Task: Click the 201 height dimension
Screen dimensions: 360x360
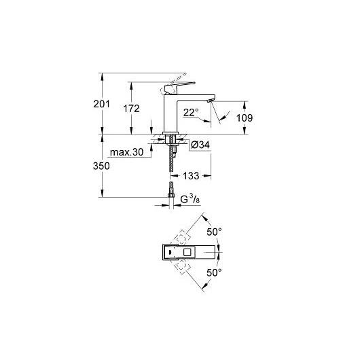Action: click(x=101, y=104)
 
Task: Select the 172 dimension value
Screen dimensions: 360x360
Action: click(x=131, y=109)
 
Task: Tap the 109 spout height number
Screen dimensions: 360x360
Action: click(x=245, y=118)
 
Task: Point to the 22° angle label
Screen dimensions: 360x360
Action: click(x=191, y=113)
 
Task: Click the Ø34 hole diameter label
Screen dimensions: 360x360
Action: click(x=200, y=145)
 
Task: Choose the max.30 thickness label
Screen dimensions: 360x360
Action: click(x=127, y=152)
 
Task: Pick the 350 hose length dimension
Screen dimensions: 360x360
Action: click(x=101, y=166)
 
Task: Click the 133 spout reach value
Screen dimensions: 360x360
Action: click(x=191, y=176)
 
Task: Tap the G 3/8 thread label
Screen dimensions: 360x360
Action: click(x=190, y=199)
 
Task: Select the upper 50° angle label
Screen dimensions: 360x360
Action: click(x=215, y=232)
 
